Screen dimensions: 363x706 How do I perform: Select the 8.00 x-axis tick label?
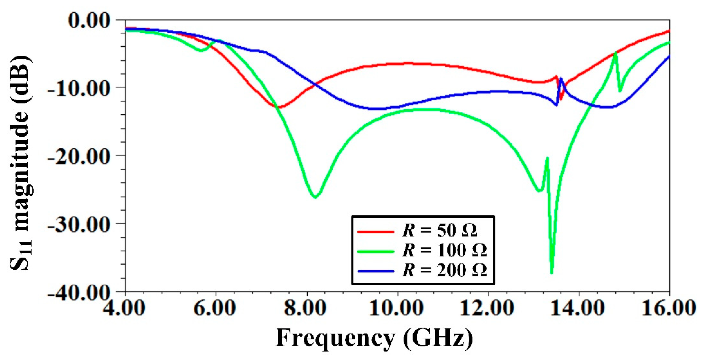click(306, 308)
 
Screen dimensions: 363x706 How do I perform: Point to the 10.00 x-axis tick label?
click(397, 308)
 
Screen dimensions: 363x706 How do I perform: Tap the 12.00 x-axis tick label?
click(487, 308)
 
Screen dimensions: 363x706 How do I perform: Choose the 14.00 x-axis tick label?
click(578, 308)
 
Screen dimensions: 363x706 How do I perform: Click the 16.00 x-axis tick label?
click(669, 308)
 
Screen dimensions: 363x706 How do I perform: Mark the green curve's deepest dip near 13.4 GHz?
click(552, 273)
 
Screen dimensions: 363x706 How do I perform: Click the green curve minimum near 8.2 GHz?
click(315, 197)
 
